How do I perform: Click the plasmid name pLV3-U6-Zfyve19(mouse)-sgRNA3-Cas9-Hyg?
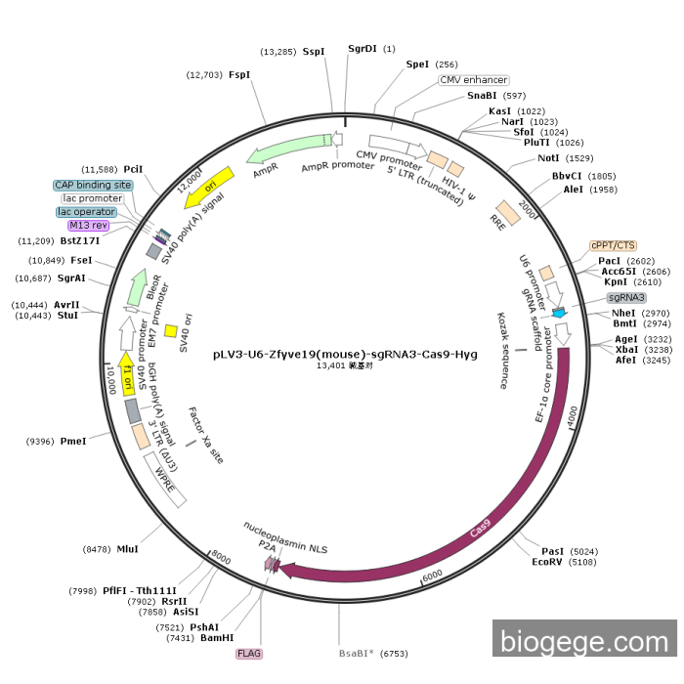tap(345, 354)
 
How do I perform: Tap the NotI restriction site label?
tap(548, 158)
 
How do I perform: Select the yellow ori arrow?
tap(209, 188)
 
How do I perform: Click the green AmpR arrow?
tap(288, 149)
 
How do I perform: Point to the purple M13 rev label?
tap(88, 225)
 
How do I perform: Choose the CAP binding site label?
tap(93, 185)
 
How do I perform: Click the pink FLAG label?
tap(249, 654)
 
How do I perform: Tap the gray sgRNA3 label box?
tap(626, 297)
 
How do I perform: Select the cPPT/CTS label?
tap(613, 245)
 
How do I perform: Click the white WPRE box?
tap(165, 480)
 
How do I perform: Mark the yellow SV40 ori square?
tap(171, 331)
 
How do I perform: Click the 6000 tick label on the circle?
tap(432, 576)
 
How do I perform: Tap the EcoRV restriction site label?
tap(546, 562)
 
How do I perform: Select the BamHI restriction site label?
tap(217, 638)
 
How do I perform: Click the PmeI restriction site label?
tap(73, 441)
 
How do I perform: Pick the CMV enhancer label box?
tap(474, 80)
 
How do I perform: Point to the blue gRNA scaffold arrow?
tap(559, 313)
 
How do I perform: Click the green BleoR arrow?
tap(138, 287)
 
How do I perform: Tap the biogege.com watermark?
tap(584, 638)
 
